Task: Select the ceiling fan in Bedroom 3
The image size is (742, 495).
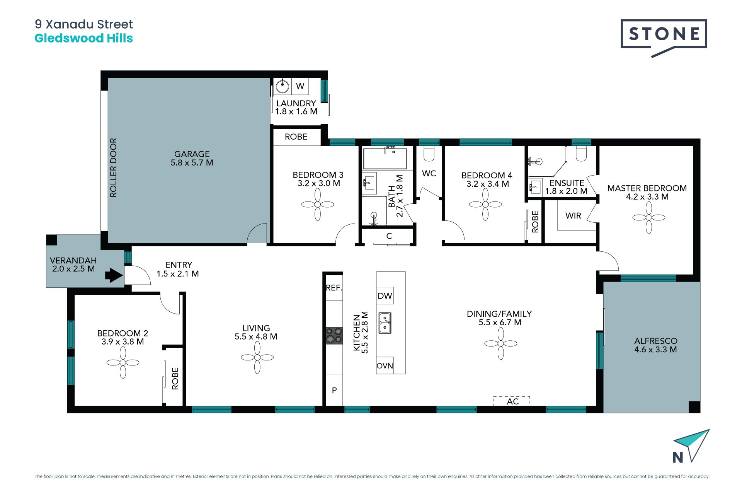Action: pyautogui.click(x=318, y=205)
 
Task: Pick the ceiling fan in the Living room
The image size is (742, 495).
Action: pyautogui.click(x=257, y=357)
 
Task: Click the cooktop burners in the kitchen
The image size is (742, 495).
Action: pyautogui.click(x=334, y=336)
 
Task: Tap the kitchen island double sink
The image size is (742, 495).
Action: pyautogui.click(x=385, y=323)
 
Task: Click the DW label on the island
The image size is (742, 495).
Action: pyautogui.click(x=385, y=296)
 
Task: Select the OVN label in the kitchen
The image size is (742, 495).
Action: pyautogui.click(x=385, y=366)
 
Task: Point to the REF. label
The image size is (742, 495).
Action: pyautogui.click(x=334, y=288)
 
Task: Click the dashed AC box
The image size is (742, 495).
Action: pyautogui.click(x=511, y=401)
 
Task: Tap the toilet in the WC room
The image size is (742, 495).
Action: pyautogui.click(x=429, y=154)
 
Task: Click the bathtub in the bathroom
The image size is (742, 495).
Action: pyautogui.click(x=385, y=159)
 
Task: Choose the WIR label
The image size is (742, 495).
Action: pyautogui.click(x=573, y=216)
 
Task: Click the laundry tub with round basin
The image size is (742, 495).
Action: pyautogui.click(x=283, y=86)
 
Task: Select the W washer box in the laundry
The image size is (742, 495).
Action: pyautogui.click(x=300, y=86)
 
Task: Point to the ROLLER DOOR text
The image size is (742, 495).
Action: pyautogui.click(x=113, y=168)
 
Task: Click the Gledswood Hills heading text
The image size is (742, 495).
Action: pyautogui.click(x=84, y=38)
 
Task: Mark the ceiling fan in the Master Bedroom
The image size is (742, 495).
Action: pyautogui.click(x=649, y=217)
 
